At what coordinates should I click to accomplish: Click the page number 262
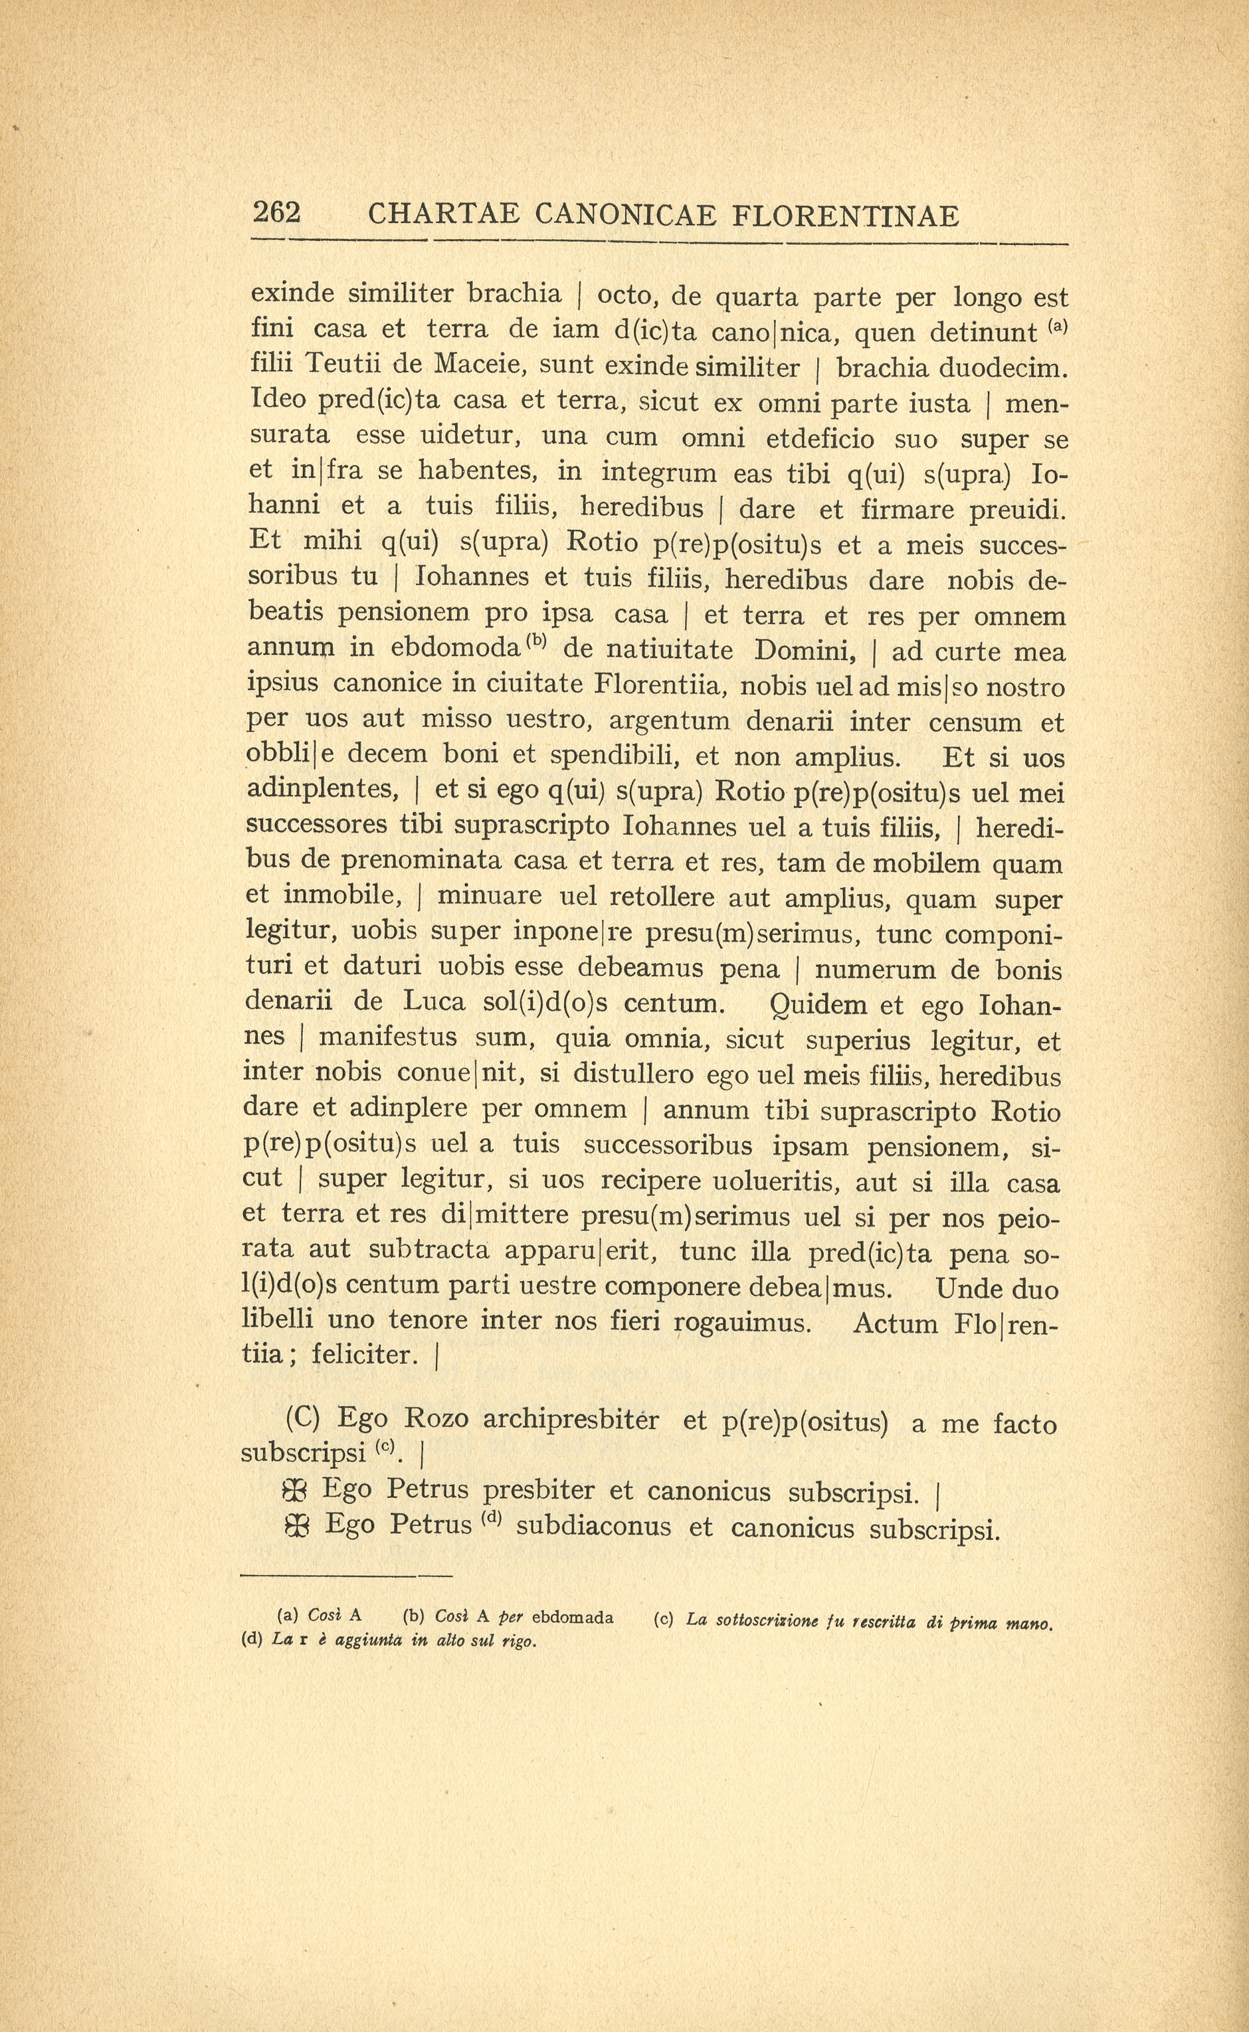pyautogui.click(x=277, y=213)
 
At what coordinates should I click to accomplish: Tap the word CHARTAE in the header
pyautogui.click(x=444, y=216)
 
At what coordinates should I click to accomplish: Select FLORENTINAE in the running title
pyautogui.click(x=846, y=216)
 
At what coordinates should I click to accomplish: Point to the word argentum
pyautogui.click(x=669, y=722)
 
